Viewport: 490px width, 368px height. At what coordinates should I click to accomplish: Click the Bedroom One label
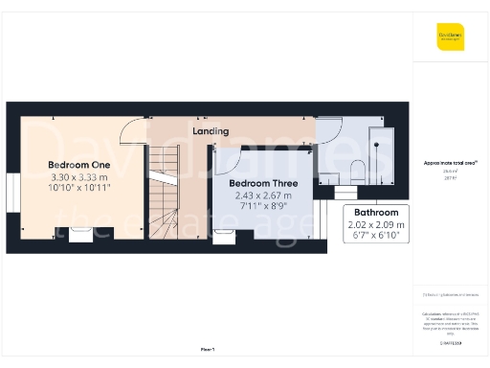[80, 164]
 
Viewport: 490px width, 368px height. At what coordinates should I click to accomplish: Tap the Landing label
[210, 130]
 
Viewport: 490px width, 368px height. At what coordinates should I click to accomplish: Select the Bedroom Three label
[263, 183]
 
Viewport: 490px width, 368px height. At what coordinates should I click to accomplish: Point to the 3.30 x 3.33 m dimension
[80, 177]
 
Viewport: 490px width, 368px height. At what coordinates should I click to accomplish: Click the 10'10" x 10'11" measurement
[80, 189]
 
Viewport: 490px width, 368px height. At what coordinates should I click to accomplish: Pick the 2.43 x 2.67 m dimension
[263, 195]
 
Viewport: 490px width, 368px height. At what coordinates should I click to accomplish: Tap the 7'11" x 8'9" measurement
[263, 207]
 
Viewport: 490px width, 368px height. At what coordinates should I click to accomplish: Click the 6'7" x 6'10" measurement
[377, 236]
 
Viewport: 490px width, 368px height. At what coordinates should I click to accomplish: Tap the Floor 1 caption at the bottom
[207, 350]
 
